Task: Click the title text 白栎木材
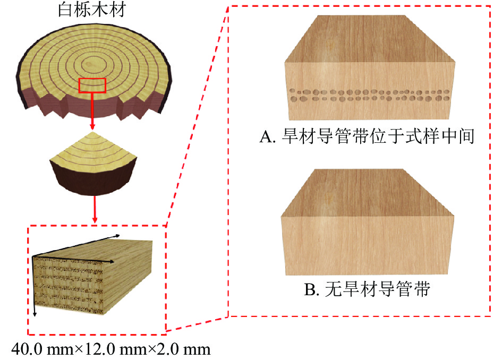click(91, 11)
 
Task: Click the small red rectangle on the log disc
click(92, 85)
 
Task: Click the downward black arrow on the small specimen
click(35, 287)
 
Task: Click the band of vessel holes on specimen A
click(370, 95)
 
